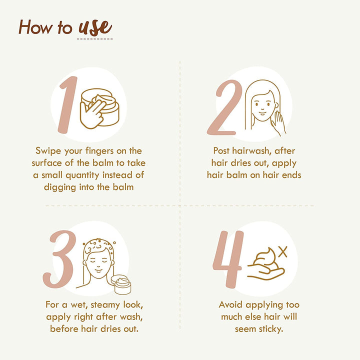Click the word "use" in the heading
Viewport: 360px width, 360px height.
(x=95, y=27)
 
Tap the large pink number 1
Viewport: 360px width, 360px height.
(x=68, y=104)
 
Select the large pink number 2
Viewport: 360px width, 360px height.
(x=225, y=107)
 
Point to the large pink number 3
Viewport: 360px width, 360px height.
(x=59, y=259)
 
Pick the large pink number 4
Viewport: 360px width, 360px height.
(x=228, y=259)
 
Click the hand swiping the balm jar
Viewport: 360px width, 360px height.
(x=91, y=114)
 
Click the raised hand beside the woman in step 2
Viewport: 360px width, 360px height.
(x=278, y=123)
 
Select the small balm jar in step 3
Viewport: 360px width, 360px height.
(x=121, y=284)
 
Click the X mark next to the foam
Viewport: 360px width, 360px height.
(x=283, y=252)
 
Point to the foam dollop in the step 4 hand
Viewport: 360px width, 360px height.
(x=266, y=259)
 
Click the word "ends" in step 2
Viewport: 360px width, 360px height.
(x=291, y=175)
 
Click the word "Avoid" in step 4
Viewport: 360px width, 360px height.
(x=230, y=304)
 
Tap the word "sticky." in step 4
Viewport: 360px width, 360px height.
(x=270, y=329)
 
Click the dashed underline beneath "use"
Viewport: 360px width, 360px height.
(x=94, y=39)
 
